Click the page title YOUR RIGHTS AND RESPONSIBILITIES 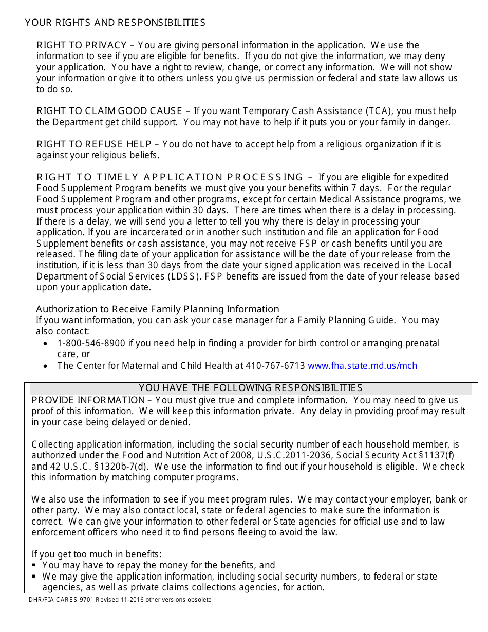tap(115, 23)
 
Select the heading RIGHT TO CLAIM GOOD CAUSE tap(109, 111)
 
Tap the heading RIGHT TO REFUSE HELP tap(95, 144)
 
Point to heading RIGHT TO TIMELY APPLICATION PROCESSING tap(170, 177)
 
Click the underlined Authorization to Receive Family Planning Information tap(158, 309)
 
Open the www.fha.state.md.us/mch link tap(362, 366)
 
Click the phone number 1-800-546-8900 tap(91, 343)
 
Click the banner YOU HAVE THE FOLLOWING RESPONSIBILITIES tap(251, 388)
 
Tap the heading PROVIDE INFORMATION tap(88, 400)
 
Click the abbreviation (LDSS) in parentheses tap(181, 276)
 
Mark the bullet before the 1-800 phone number tap(46, 343)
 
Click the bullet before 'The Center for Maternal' tap(46, 366)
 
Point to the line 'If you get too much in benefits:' tap(97, 554)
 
